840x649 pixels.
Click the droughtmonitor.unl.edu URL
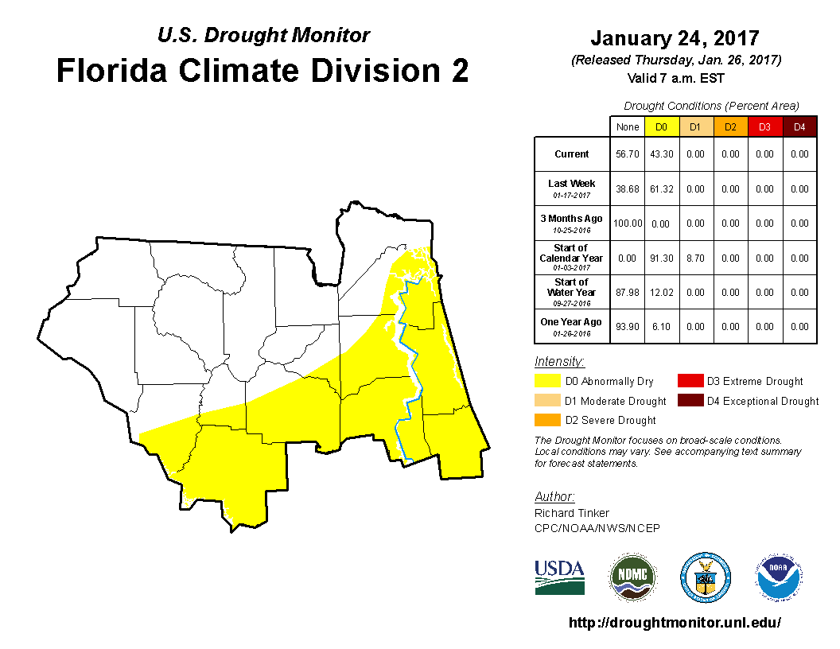click(x=675, y=623)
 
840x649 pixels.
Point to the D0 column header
click(x=661, y=127)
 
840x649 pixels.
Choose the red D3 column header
click(x=764, y=127)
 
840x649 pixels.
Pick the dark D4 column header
click(x=799, y=127)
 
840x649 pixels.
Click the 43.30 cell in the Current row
click(x=661, y=154)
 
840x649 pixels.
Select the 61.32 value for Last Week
click(x=661, y=189)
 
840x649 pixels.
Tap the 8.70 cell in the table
click(x=695, y=258)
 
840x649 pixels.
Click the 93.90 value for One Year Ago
click(x=628, y=327)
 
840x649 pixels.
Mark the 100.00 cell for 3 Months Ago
click(x=628, y=223)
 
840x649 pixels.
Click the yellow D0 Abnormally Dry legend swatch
click(x=547, y=381)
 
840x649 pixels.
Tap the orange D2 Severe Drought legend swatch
click(x=547, y=420)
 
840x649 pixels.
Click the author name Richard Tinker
click(x=571, y=513)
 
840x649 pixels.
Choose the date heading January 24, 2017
click(x=675, y=38)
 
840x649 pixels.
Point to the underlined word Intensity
click(x=554, y=361)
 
